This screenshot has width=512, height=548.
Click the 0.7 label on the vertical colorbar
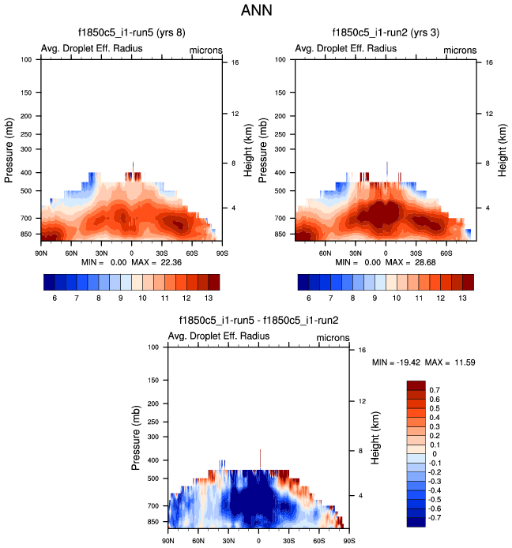click(x=435, y=390)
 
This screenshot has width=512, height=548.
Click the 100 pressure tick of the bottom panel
click(x=154, y=347)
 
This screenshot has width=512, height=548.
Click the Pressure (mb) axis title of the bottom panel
click(x=130, y=437)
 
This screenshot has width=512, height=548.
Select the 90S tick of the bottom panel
click(x=348, y=541)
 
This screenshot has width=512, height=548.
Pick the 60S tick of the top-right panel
click(x=446, y=253)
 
